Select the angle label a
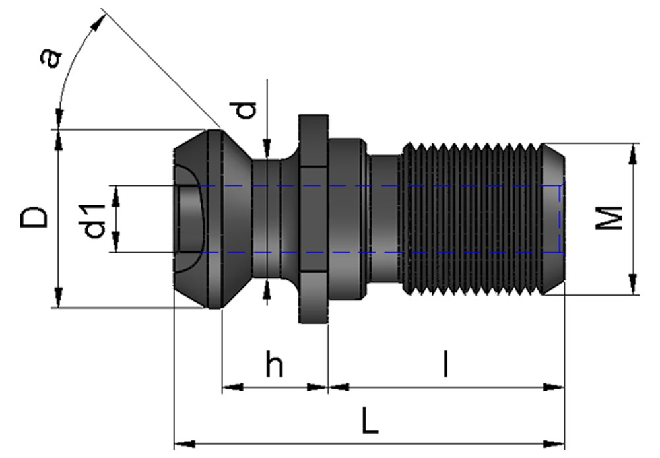point(51,58)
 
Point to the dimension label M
point(609,218)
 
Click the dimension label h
point(275,364)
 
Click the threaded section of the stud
point(472,218)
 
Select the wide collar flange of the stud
point(313,218)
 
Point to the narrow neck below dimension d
point(267,218)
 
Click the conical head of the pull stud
point(211,218)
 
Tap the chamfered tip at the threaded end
point(554,218)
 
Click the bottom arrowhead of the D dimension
point(59,297)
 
